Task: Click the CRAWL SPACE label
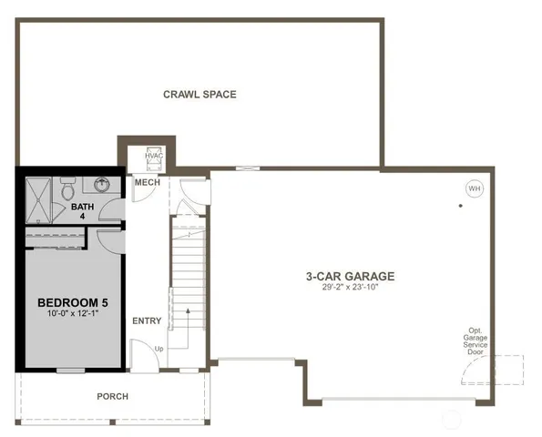click(199, 94)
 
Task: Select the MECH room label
click(147, 183)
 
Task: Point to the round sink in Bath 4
click(102, 186)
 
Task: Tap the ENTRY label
click(147, 320)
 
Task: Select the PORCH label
click(113, 396)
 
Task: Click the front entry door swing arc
click(141, 355)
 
